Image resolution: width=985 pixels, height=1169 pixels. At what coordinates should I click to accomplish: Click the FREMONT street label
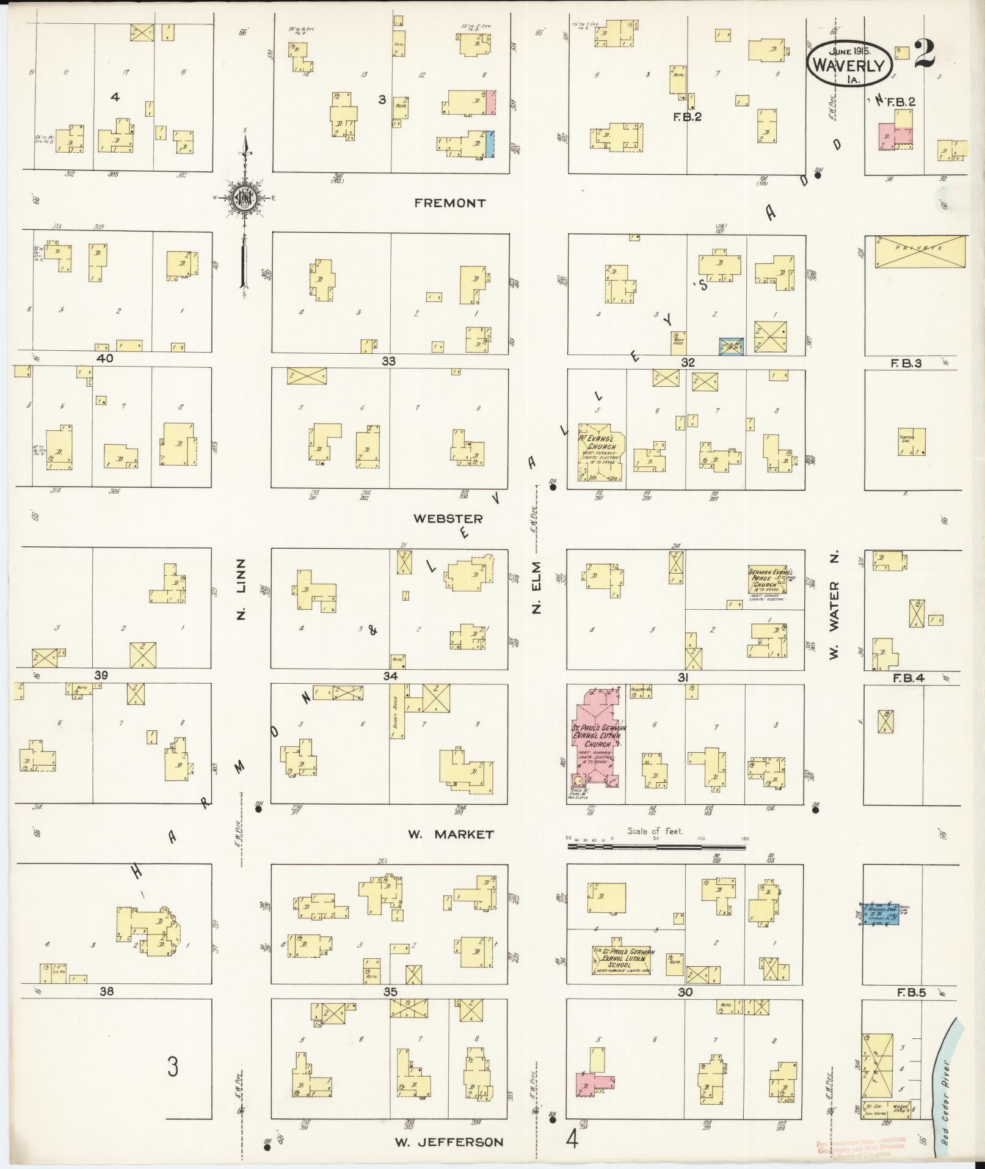click(x=449, y=203)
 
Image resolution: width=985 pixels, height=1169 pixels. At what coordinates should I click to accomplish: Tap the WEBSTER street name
click(x=448, y=519)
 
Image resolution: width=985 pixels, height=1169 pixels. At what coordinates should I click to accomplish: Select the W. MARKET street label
click(x=451, y=834)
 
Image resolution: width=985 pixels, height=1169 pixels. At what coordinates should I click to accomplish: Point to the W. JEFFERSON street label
click(x=449, y=1142)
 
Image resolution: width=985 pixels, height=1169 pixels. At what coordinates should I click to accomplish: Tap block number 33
click(x=388, y=362)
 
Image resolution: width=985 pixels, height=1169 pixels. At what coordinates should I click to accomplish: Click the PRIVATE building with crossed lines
click(x=920, y=251)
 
